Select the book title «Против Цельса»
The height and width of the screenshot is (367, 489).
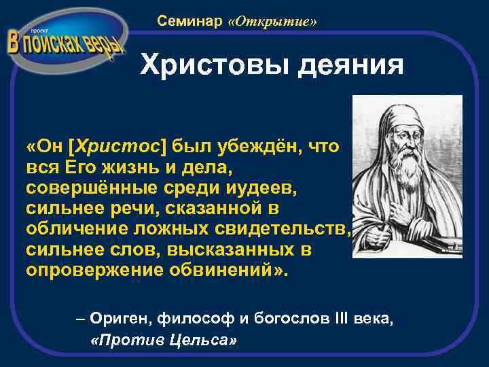click(163, 339)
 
